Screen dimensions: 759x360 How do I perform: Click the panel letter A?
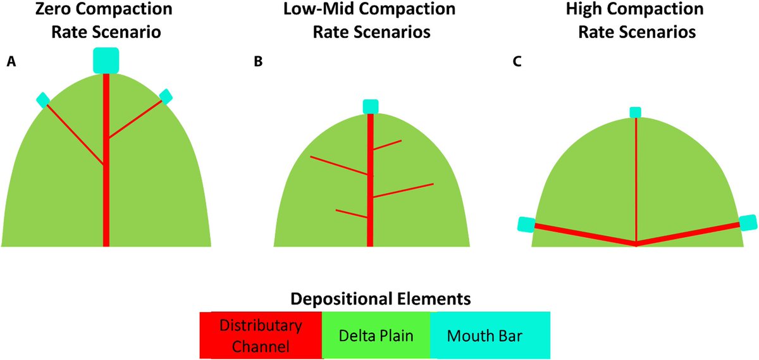coord(11,62)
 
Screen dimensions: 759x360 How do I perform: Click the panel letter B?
coord(258,62)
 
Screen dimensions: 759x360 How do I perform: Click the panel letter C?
coord(517,62)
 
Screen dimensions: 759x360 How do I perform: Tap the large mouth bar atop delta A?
coord(106,60)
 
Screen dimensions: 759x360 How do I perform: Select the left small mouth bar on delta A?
coord(43,100)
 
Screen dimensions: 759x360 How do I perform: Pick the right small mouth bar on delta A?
coord(166,96)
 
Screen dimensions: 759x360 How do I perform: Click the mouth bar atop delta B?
coord(371,106)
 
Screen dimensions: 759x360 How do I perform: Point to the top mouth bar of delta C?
coord(635,112)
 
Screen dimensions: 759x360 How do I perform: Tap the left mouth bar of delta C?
coord(526,225)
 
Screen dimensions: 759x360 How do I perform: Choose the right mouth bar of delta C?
coord(748,223)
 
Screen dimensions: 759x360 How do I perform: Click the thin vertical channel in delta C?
coord(636,180)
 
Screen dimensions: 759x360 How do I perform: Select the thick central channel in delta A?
coord(106,160)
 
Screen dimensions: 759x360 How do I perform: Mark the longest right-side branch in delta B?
coord(404,190)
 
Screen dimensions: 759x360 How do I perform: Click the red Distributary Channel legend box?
coord(261,335)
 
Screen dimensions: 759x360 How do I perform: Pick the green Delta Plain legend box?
coord(376,335)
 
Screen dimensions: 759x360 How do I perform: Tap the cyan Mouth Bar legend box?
coord(490,335)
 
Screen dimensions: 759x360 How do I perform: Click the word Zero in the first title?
coord(55,9)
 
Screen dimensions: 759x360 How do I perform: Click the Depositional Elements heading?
coord(381,299)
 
